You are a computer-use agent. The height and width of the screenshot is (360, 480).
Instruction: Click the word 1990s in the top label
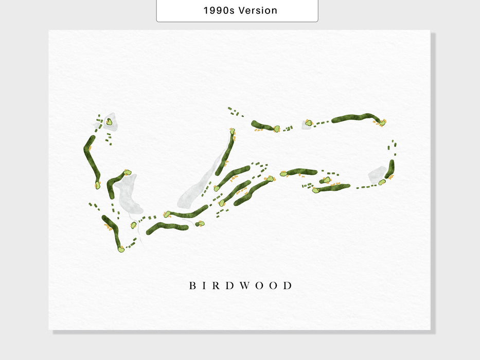[x=219, y=10]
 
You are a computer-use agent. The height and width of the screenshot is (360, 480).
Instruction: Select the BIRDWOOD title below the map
[x=240, y=285]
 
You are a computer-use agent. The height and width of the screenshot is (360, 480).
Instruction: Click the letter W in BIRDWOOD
[x=242, y=285]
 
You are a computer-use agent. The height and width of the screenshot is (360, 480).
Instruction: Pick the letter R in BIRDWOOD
[x=216, y=285]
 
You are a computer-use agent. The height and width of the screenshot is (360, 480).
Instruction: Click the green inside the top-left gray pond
[x=109, y=122]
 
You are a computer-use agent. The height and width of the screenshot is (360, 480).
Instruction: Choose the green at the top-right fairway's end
[x=382, y=122]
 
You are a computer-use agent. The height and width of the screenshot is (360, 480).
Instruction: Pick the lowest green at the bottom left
[x=121, y=249]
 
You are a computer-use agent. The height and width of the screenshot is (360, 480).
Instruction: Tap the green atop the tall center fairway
[x=233, y=131]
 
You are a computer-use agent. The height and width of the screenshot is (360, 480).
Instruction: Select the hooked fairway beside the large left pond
[x=113, y=184]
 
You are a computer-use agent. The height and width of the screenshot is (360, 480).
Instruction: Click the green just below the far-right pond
[x=382, y=182]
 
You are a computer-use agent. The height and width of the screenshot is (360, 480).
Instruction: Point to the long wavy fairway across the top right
[x=355, y=118]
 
